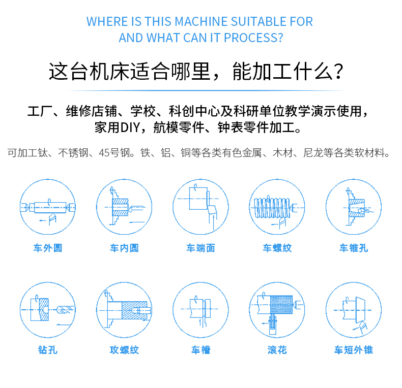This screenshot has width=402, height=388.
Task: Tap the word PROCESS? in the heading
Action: click(x=253, y=38)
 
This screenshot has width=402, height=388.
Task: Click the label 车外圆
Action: click(x=48, y=248)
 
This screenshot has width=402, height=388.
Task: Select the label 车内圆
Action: click(x=124, y=248)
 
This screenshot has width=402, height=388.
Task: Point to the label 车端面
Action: click(x=200, y=248)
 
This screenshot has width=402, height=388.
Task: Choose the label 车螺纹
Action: click(x=277, y=248)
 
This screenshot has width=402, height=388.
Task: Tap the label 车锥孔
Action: click(x=354, y=248)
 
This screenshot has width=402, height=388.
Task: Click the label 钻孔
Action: click(x=48, y=350)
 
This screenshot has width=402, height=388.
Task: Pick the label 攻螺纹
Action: click(x=124, y=350)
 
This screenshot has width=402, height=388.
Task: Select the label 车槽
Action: click(x=200, y=350)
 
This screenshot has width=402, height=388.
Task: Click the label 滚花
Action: click(x=277, y=350)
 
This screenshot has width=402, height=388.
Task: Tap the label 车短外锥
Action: click(x=354, y=350)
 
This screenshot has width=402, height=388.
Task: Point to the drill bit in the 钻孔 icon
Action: click(x=65, y=310)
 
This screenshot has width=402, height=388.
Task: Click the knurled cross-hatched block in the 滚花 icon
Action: click(x=281, y=305)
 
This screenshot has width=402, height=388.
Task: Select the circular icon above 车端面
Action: click(x=200, y=207)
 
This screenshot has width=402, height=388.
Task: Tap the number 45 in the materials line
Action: click(x=104, y=153)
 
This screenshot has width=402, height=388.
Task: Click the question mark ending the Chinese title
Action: click(x=339, y=72)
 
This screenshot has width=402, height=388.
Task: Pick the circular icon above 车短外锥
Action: click(x=354, y=310)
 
